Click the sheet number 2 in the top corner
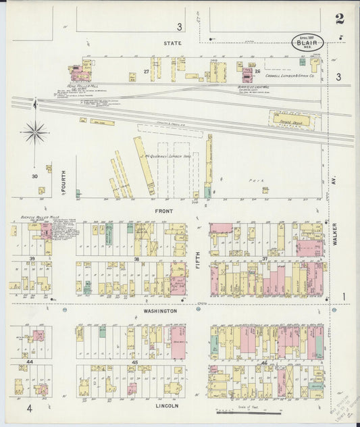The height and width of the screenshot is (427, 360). [339, 18]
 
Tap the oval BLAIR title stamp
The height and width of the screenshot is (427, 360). [308, 42]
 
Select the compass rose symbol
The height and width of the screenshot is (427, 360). [34, 131]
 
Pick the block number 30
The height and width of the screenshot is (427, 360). [34, 176]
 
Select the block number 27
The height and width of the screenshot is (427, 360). [146, 71]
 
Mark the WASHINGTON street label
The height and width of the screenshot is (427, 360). [159, 311]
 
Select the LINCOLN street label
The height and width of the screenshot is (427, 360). [166, 406]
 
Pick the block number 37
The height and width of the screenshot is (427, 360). [265, 258]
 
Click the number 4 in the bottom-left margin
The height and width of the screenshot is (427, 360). [29, 408]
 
